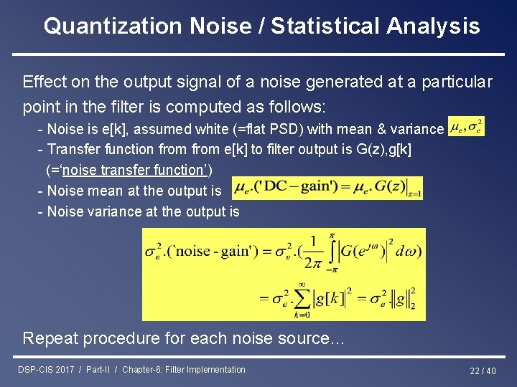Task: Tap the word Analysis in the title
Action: pyautogui.click(x=433, y=27)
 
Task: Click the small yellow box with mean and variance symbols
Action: pyautogui.click(x=465, y=127)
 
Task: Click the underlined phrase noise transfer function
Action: pyautogui.click(x=129, y=170)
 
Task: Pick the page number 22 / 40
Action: pyautogui.click(x=483, y=371)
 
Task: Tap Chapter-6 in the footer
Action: pyautogui.click(x=142, y=370)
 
